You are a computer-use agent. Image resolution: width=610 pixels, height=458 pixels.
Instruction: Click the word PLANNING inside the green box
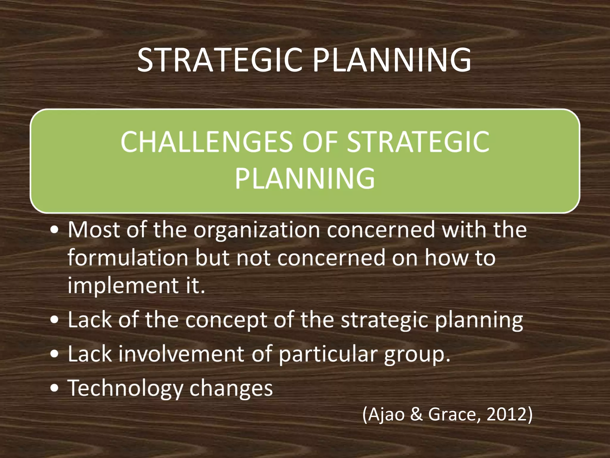coord(305,178)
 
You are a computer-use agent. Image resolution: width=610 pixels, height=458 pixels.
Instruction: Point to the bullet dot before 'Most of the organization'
coord(55,230)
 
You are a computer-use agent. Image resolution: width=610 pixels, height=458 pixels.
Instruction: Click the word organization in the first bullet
coord(257,230)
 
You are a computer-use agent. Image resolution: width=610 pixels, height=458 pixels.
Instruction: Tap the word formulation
coord(128,258)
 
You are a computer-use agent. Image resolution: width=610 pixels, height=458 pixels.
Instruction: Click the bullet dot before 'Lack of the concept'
coord(55,320)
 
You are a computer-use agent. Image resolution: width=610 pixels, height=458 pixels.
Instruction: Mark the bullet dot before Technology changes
coord(55,389)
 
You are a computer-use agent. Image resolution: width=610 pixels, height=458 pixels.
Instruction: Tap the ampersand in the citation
coord(416,414)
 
